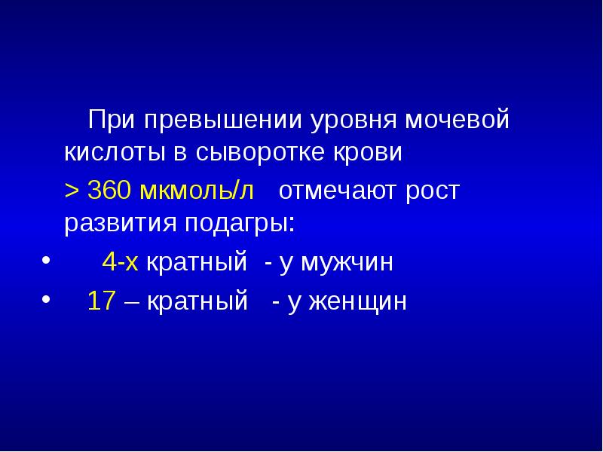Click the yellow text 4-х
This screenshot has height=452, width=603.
121,263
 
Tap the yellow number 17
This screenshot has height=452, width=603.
101,301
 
